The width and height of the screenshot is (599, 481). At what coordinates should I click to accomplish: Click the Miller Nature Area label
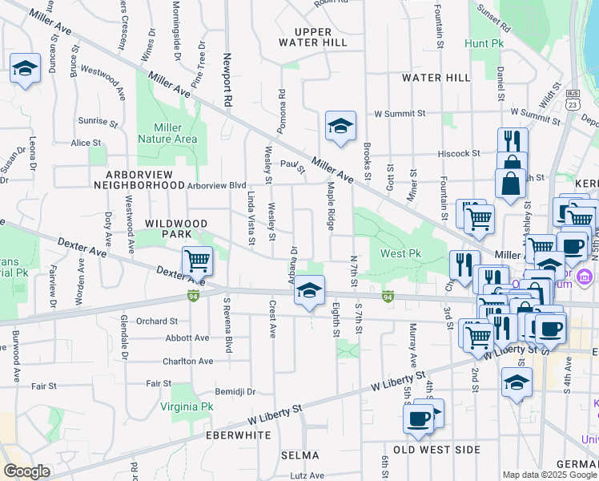(167, 133)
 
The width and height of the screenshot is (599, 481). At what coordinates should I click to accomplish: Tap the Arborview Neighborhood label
(139, 179)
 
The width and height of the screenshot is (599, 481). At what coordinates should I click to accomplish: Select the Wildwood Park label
(175, 228)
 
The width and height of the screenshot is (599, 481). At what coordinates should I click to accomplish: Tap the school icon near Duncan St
(25, 68)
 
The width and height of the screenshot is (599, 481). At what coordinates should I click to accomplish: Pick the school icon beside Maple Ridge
(340, 127)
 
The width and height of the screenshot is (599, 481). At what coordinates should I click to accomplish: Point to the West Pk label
(400, 253)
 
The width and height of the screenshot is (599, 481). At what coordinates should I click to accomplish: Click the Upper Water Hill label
(315, 36)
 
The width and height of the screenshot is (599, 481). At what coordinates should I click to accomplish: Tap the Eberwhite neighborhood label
(237, 435)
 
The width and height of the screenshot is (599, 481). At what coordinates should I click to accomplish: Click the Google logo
(26, 471)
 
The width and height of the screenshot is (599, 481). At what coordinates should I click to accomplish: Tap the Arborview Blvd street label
(217, 185)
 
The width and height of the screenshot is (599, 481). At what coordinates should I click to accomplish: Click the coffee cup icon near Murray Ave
(419, 418)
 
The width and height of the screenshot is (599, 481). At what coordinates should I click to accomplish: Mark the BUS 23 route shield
(572, 99)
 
